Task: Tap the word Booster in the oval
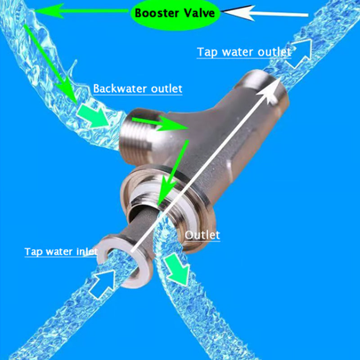pyautogui.click(x=155, y=13)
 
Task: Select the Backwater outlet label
pyautogui.click(x=138, y=89)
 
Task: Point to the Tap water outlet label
pyautogui.click(x=244, y=52)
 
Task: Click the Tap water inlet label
pyautogui.click(x=61, y=252)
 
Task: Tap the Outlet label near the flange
pyautogui.click(x=202, y=235)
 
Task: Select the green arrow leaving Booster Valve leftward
pyautogui.click(x=81, y=11)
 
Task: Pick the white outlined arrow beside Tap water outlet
pyautogui.click(x=298, y=53)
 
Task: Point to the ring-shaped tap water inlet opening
pyautogui.click(x=123, y=261)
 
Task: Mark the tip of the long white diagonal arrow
pyautogui.click(x=280, y=78)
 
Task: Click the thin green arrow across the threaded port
pyautogui.click(x=160, y=123)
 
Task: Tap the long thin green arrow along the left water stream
pyautogui.click(x=50, y=63)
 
